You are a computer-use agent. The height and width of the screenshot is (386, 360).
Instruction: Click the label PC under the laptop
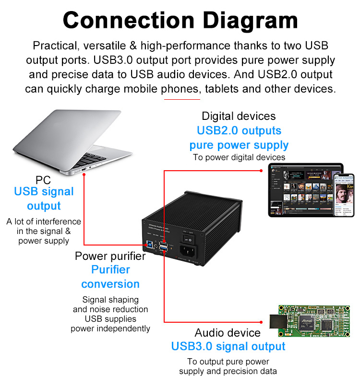pos(43,180)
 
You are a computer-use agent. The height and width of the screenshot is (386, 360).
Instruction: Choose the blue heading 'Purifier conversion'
pos(110,277)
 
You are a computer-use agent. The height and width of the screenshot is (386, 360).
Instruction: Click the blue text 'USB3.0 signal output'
pos(228,346)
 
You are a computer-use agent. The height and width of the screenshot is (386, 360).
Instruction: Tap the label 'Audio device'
pos(228,333)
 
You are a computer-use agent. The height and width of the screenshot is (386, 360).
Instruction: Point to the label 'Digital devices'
pos(239,116)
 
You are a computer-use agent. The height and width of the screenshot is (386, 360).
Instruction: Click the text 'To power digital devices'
pos(239,157)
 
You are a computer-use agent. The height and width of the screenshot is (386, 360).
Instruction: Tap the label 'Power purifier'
pos(110,256)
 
